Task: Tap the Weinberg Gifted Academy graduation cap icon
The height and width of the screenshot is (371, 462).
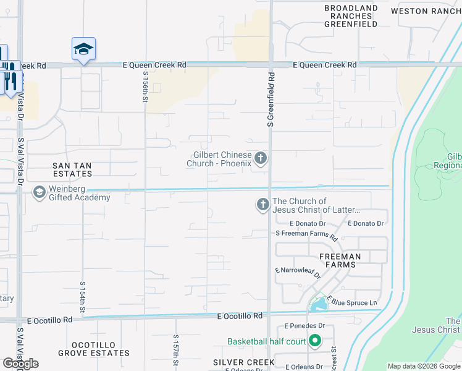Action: tap(40, 192)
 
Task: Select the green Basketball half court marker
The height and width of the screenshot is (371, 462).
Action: tap(315, 341)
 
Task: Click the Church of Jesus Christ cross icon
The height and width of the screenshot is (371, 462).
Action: tap(262, 204)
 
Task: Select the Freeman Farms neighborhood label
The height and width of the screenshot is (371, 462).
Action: tap(340, 260)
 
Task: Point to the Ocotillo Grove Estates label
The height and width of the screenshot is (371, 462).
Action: tap(94, 349)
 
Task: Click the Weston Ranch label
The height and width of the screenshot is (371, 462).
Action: tap(426, 11)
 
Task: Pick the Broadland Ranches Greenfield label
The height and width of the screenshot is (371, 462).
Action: tap(351, 16)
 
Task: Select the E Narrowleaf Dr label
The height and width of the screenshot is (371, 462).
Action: tap(298, 273)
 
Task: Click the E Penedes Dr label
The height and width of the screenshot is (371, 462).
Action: tap(304, 325)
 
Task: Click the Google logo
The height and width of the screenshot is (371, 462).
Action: tap(20, 364)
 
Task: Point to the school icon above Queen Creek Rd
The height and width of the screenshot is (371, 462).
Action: tap(83, 49)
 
